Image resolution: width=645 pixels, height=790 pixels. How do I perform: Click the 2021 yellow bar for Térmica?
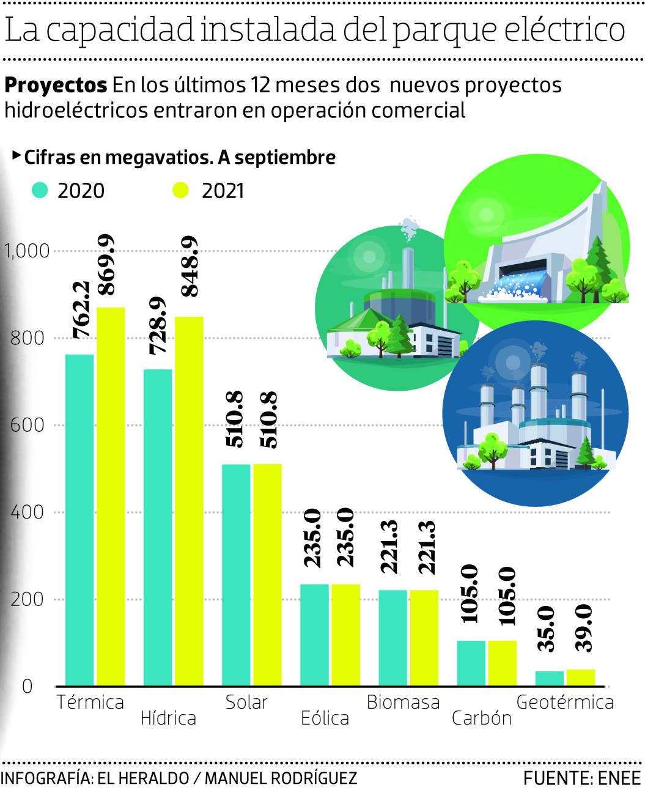(x=111, y=496)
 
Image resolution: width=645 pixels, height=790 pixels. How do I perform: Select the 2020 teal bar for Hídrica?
(x=157, y=527)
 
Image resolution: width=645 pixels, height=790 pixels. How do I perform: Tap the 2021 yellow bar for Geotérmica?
(x=581, y=677)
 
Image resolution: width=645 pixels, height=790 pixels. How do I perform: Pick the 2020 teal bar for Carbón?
(x=471, y=663)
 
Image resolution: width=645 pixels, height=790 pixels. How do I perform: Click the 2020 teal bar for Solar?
(x=235, y=575)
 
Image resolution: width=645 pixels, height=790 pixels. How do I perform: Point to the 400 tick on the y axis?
(x=28, y=512)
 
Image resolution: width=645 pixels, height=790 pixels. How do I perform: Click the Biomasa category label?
(x=403, y=702)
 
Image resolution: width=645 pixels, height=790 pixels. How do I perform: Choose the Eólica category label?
(x=325, y=717)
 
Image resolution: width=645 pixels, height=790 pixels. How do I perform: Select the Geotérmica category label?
(x=565, y=702)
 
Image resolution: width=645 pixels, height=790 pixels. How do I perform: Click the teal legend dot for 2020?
(x=40, y=191)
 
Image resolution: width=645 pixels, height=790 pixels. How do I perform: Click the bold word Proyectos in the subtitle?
(x=56, y=85)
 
